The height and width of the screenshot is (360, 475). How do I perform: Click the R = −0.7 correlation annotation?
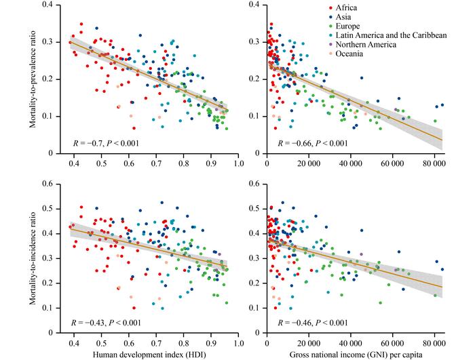(106, 144)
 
